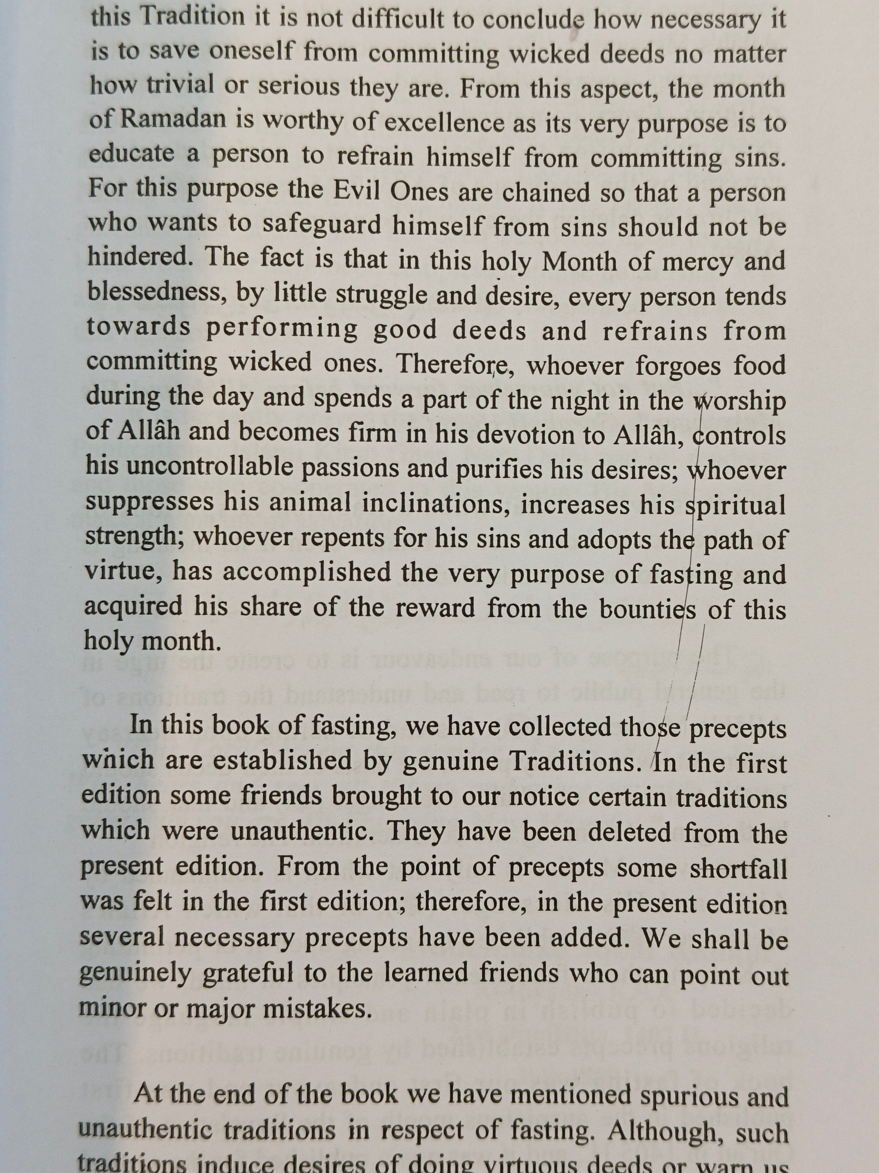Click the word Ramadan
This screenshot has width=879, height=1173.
173,120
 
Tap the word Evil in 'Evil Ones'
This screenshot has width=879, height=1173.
356,192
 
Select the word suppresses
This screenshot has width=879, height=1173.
150,502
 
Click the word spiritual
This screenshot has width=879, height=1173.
735,506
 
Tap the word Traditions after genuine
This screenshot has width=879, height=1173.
575,763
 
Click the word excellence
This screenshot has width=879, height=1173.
444,123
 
